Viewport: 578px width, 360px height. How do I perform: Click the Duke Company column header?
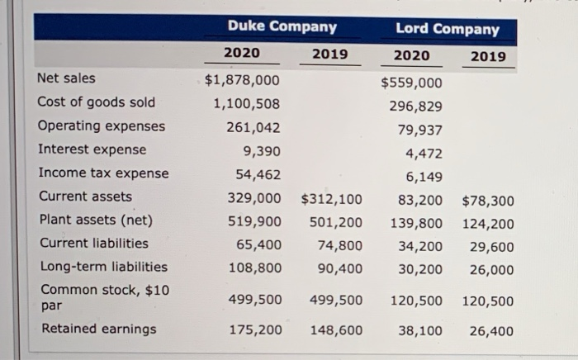point(282,26)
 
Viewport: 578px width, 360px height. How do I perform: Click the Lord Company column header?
point(447,29)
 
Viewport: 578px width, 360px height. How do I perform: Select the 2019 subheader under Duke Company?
point(329,54)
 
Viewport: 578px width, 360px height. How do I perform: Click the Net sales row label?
point(66,78)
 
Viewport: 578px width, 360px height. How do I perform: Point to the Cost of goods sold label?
point(96,102)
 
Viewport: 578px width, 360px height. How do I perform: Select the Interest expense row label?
point(92,149)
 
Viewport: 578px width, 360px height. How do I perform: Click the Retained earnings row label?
point(97,329)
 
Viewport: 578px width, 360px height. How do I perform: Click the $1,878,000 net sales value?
point(242,80)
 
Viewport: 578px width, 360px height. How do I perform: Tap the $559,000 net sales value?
point(411,83)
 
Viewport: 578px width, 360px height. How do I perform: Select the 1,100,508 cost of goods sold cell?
point(246,104)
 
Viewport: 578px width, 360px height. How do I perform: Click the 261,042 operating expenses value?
point(253,128)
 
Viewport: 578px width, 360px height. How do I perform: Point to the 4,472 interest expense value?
point(423,154)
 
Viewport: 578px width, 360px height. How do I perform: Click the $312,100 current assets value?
point(330,198)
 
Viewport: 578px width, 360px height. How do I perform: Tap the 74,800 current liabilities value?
point(339,245)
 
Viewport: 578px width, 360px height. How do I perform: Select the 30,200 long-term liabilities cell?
point(419,269)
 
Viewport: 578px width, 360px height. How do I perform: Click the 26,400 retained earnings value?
point(490,331)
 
